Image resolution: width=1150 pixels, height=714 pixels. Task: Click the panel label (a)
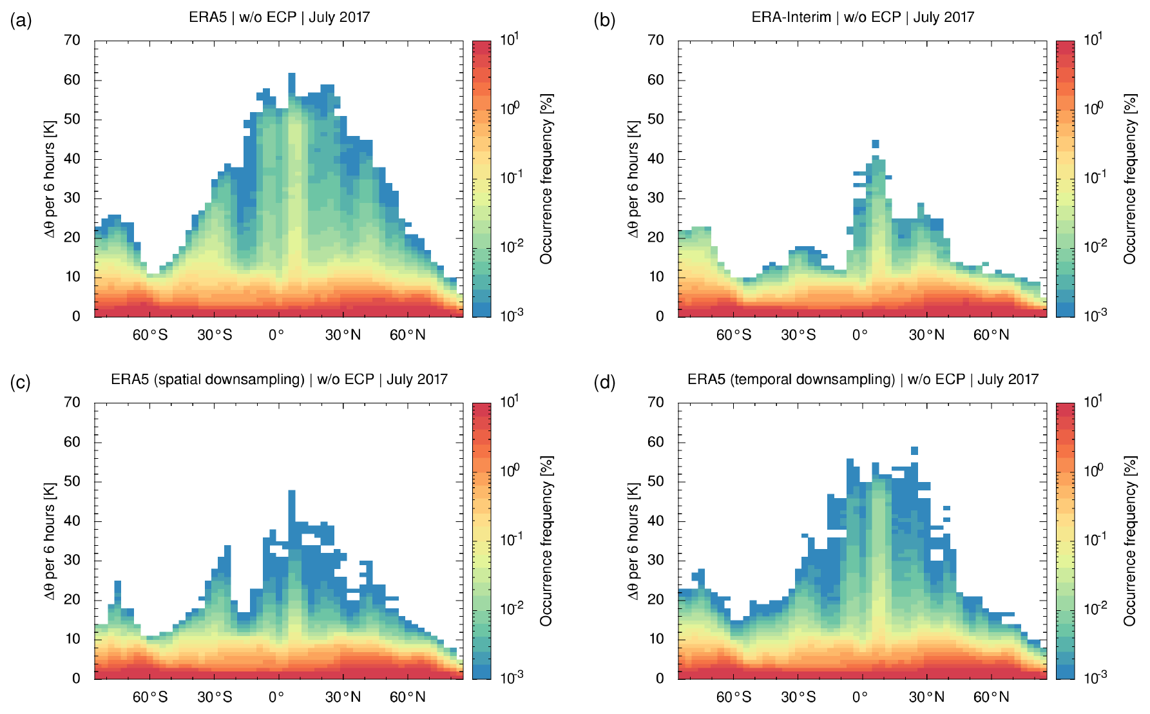pyautogui.click(x=21, y=21)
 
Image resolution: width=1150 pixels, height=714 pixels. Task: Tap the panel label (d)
pyautogui.click(x=604, y=383)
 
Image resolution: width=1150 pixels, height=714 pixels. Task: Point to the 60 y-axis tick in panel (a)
pyautogui.click(x=72, y=80)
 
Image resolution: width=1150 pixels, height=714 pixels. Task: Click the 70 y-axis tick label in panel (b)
pyautogui.click(x=655, y=41)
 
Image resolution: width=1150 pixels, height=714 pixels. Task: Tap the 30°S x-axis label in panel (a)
pyautogui.click(x=215, y=335)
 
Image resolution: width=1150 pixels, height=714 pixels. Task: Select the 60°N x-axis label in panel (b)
pyautogui.click(x=991, y=335)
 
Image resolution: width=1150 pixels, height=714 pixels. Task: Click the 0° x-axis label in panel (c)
pyautogui.click(x=276, y=697)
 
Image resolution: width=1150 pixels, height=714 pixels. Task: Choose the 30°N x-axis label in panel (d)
pyautogui.click(x=926, y=697)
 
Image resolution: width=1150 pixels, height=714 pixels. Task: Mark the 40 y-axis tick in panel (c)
pyautogui.click(x=72, y=521)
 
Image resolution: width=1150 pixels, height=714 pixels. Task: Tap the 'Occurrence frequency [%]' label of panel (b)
pyautogui.click(x=1129, y=179)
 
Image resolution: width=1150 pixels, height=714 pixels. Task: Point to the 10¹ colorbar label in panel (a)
pyautogui.click(x=510, y=40)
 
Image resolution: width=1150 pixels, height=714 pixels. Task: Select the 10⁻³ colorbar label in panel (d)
pyautogui.click(x=1093, y=677)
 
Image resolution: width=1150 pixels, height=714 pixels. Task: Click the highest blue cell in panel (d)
pyautogui.click(x=914, y=450)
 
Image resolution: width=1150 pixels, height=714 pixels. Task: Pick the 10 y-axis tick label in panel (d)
pyautogui.click(x=655, y=639)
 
